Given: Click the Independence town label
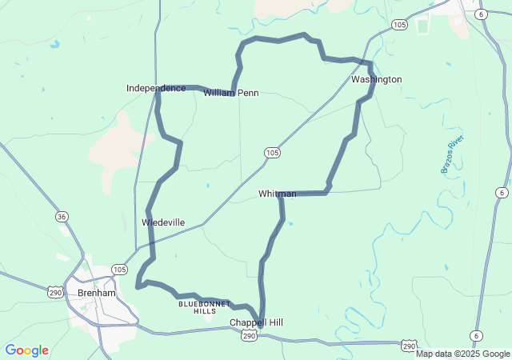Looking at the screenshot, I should (x=155, y=87).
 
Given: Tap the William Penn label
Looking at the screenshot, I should (x=230, y=93).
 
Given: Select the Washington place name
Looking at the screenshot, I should (x=376, y=79).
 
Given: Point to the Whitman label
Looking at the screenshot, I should (x=277, y=194).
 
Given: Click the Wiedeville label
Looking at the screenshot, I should (x=163, y=222).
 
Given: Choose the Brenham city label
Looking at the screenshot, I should (x=97, y=293).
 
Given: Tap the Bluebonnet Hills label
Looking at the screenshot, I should (x=204, y=307).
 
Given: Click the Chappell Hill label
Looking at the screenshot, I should (x=256, y=322).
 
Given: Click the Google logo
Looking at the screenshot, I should (x=26, y=350).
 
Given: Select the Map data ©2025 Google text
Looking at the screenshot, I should (x=462, y=354).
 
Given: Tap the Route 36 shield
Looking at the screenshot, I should (x=62, y=216).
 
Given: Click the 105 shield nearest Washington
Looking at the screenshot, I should (x=400, y=26).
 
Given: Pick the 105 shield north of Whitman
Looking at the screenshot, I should (x=272, y=151).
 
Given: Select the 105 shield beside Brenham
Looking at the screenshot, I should (x=119, y=269).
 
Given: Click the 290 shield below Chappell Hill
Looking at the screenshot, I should (x=249, y=337).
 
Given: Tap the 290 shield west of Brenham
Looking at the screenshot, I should (x=54, y=294).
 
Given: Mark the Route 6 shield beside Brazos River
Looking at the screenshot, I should (x=501, y=193).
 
